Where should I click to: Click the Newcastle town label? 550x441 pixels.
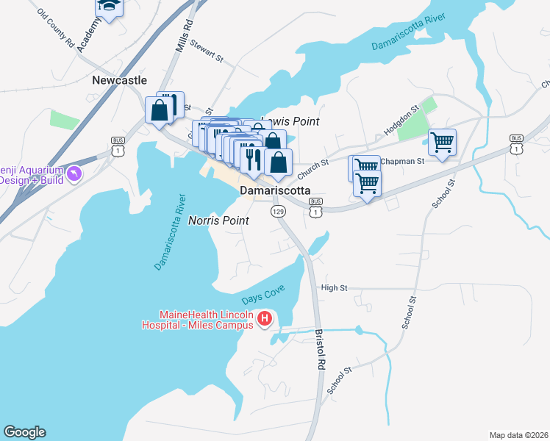[120, 80]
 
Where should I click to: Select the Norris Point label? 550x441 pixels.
[218, 220]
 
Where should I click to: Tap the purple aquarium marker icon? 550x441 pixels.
[74, 173]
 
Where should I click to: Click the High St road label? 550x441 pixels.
[334, 288]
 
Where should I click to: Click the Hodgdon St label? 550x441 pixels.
[401, 120]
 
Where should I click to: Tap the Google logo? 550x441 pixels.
[24, 432]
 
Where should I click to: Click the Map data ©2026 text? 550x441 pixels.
[518, 435]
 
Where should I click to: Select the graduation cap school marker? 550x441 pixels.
[110, 7]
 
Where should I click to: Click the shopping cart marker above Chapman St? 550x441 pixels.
[442, 141]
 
